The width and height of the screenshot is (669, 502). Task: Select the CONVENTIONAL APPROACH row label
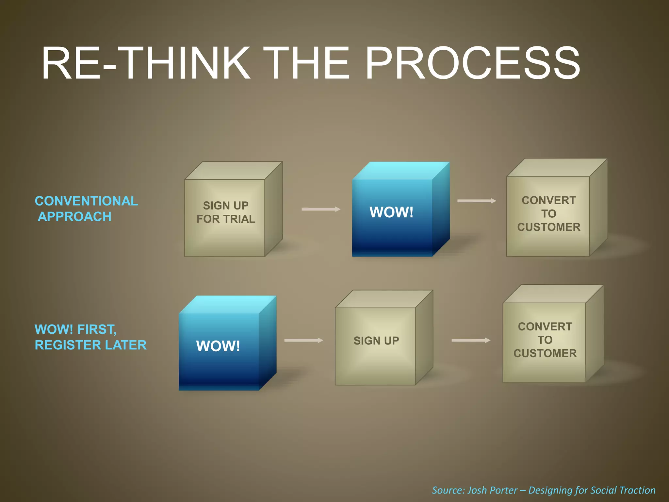coord(86,209)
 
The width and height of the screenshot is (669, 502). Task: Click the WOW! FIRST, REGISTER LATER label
coord(90,337)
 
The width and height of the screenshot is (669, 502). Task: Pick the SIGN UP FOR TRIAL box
coord(225,212)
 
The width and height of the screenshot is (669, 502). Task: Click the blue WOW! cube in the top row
coord(392,212)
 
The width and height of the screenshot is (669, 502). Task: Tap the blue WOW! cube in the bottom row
coord(219,346)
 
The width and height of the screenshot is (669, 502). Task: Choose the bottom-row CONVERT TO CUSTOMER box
coord(545,340)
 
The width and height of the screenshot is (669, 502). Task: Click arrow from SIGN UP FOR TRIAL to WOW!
coord(321,209)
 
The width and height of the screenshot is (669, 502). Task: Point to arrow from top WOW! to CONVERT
coord(477,201)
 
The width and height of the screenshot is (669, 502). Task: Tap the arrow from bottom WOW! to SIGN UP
coord(303,340)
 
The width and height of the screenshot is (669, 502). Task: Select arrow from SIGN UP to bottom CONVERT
coord(471,340)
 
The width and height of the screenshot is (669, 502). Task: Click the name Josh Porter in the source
coord(492,490)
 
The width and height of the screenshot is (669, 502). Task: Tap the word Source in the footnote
coord(448,490)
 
